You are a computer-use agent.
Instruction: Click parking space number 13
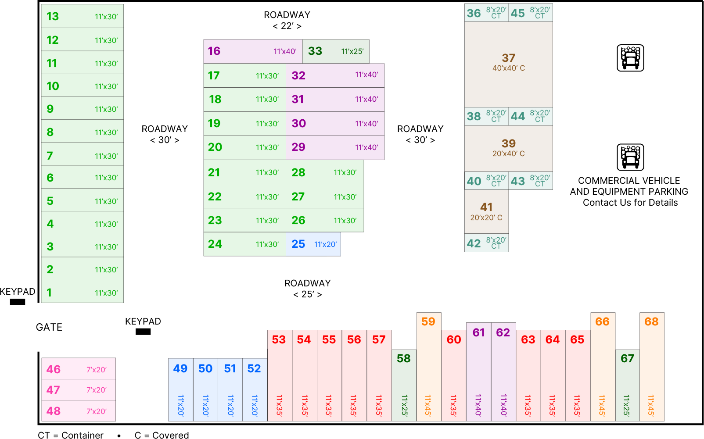(82, 16)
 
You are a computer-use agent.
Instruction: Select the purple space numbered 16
(252, 51)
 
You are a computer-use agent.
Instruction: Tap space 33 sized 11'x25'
(335, 51)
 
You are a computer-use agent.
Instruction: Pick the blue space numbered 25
(313, 244)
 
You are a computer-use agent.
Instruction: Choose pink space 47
(78, 390)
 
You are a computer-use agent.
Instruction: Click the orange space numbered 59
(428, 367)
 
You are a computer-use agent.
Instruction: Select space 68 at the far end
(652, 367)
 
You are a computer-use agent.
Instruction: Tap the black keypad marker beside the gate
(18, 302)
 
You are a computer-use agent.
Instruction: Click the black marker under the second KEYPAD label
(143, 332)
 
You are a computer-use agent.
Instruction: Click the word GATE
(49, 328)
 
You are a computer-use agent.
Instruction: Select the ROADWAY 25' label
(308, 289)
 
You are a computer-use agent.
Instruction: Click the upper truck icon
(630, 58)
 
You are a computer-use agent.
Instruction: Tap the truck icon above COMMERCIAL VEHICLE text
(630, 157)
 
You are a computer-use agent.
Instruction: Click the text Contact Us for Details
(630, 203)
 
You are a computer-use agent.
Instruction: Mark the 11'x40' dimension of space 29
(366, 147)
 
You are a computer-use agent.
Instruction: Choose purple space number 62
(503, 371)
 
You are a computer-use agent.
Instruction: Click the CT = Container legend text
(71, 435)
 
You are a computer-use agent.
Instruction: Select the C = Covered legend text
(162, 435)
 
